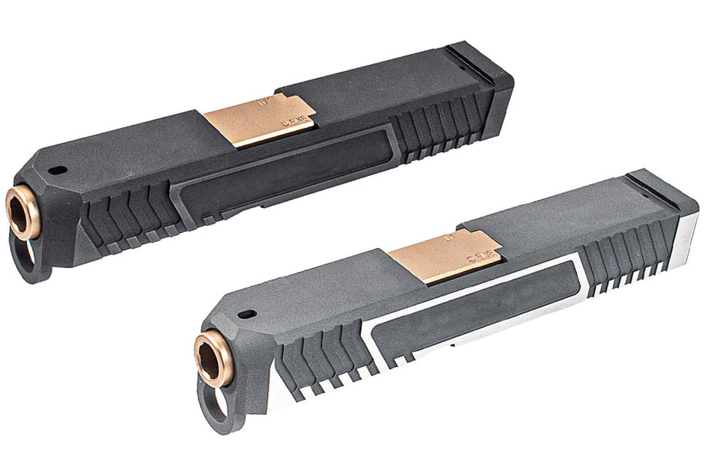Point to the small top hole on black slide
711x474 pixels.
(55, 170)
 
